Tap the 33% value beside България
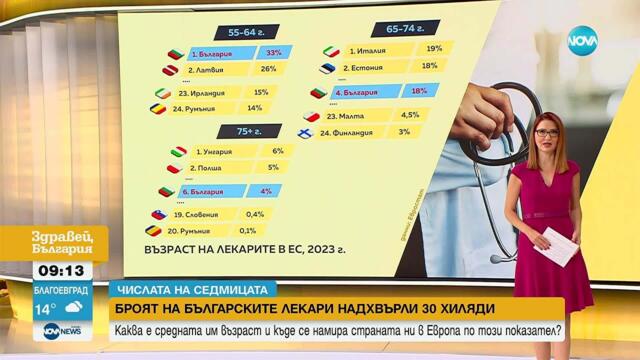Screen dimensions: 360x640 click(272, 52)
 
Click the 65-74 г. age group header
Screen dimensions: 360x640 click(393, 29)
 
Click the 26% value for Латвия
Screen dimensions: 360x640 click(268, 70)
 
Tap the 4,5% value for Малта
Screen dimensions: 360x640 click(410, 114)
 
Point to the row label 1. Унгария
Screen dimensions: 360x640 click(213, 151)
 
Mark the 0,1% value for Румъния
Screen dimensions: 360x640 click(255, 230)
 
